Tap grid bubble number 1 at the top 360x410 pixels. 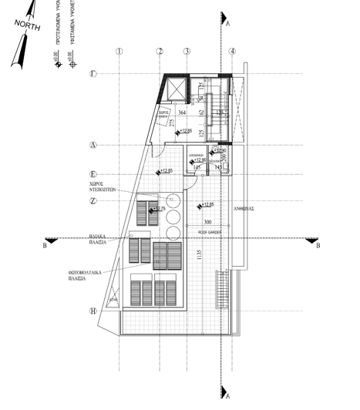click(119, 52)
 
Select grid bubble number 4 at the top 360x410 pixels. click(232, 52)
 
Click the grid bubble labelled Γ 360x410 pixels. click(114, 74)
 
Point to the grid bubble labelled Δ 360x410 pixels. click(114, 144)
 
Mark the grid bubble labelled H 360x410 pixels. click(114, 311)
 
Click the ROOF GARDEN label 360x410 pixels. click(209, 230)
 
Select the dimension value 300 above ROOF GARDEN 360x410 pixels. click(207, 222)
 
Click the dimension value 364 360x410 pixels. click(182, 113)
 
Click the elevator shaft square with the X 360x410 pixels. click(176, 88)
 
